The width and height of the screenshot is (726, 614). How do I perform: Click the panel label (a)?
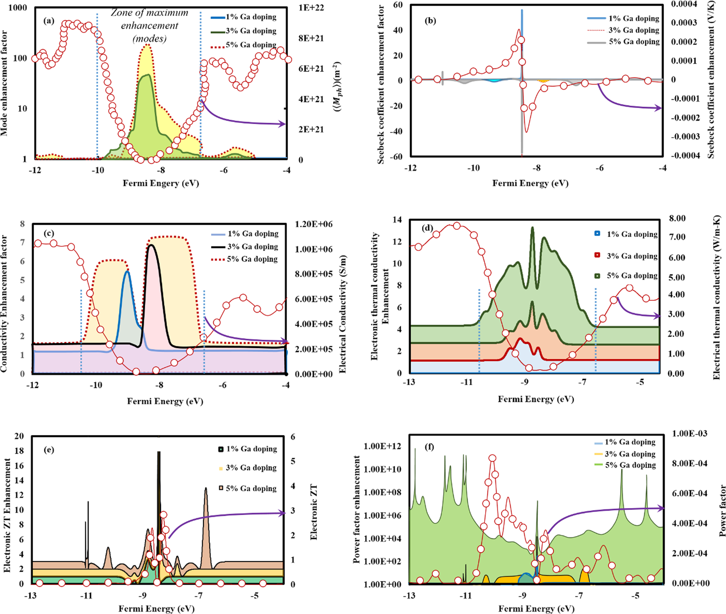[x=49, y=20]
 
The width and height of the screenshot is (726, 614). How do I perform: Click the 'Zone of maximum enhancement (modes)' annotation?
[x=150, y=26]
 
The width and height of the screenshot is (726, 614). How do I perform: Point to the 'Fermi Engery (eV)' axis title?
[x=161, y=183]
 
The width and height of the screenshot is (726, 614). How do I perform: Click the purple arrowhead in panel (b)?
[x=659, y=108]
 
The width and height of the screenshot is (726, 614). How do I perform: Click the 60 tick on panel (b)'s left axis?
[x=398, y=5]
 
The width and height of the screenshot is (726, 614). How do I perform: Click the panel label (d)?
[x=427, y=228]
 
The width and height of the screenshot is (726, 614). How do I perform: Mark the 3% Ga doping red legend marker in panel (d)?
[x=598, y=256]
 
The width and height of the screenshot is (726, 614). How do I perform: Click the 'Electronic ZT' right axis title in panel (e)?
[x=314, y=512]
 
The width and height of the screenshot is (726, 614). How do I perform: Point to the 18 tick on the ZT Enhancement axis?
[x=19, y=451]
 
